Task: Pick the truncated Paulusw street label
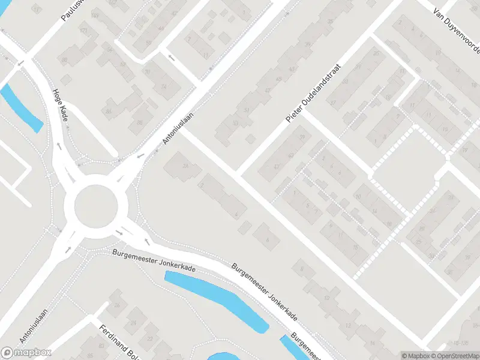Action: (73, 11)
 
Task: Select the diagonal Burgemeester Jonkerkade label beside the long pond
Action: (265, 290)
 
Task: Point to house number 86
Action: (109, 112)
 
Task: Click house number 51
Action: (247, 110)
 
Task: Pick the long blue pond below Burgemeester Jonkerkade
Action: (216, 300)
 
